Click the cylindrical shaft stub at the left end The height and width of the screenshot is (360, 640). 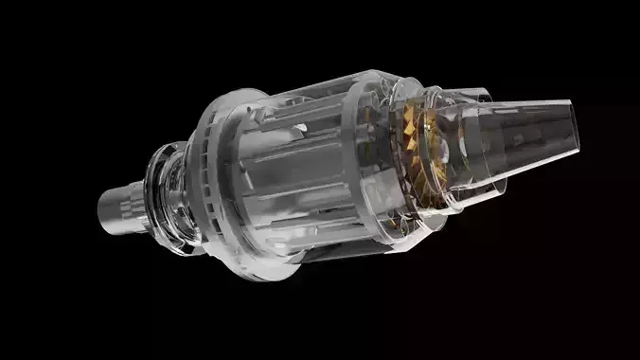coord(123,204)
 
